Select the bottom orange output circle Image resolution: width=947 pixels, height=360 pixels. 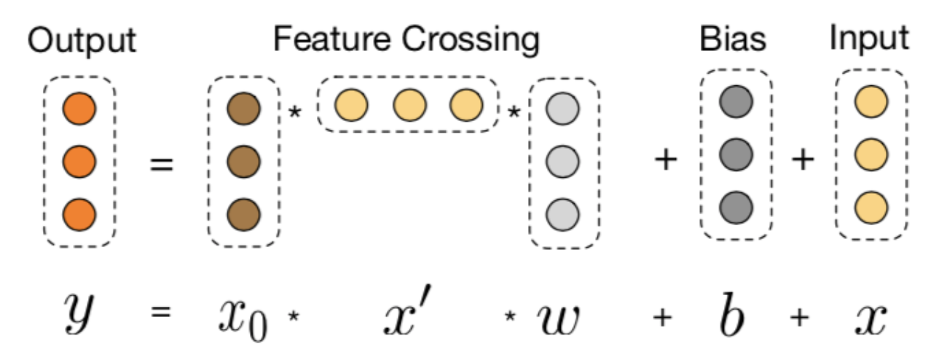[x=79, y=214]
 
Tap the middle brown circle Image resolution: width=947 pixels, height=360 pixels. [x=243, y=163]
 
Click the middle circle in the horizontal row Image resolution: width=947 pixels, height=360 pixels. [x=408, y=106]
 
